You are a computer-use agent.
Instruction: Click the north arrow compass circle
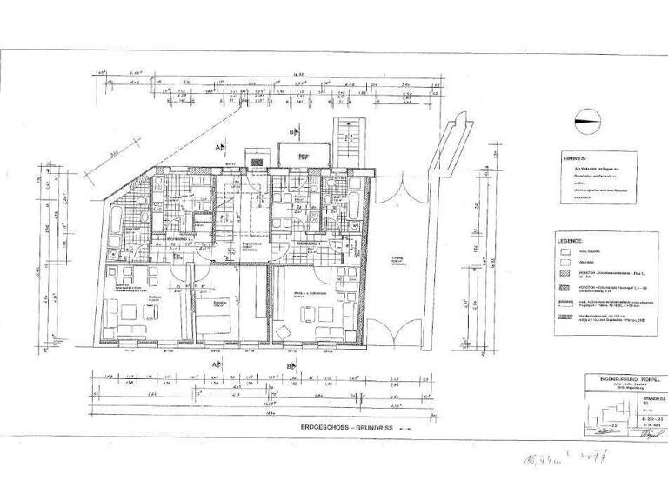point(587,123)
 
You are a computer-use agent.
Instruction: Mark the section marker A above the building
point(220,149)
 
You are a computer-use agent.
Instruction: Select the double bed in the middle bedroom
point(213,320)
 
